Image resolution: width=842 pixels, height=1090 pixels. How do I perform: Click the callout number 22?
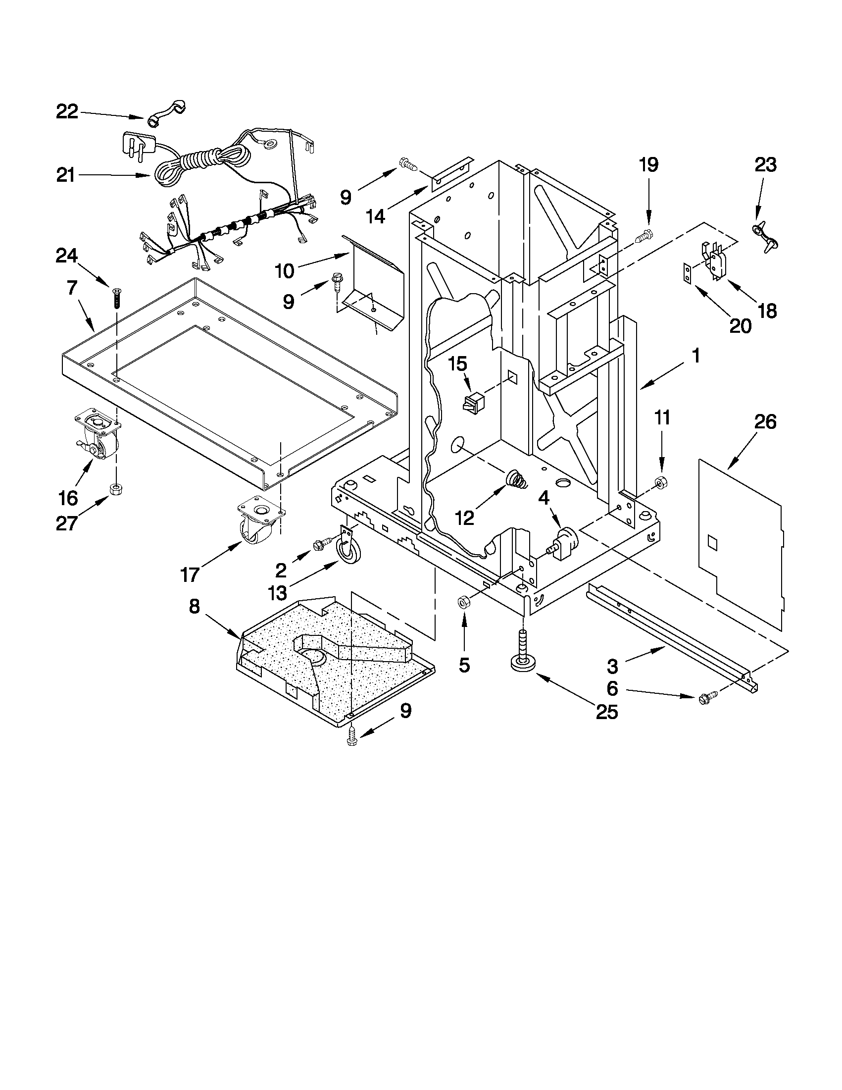coord(67,112)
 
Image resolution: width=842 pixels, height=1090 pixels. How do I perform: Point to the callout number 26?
coord(765,422)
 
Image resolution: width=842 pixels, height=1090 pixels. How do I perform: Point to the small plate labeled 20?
coord(688,273)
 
